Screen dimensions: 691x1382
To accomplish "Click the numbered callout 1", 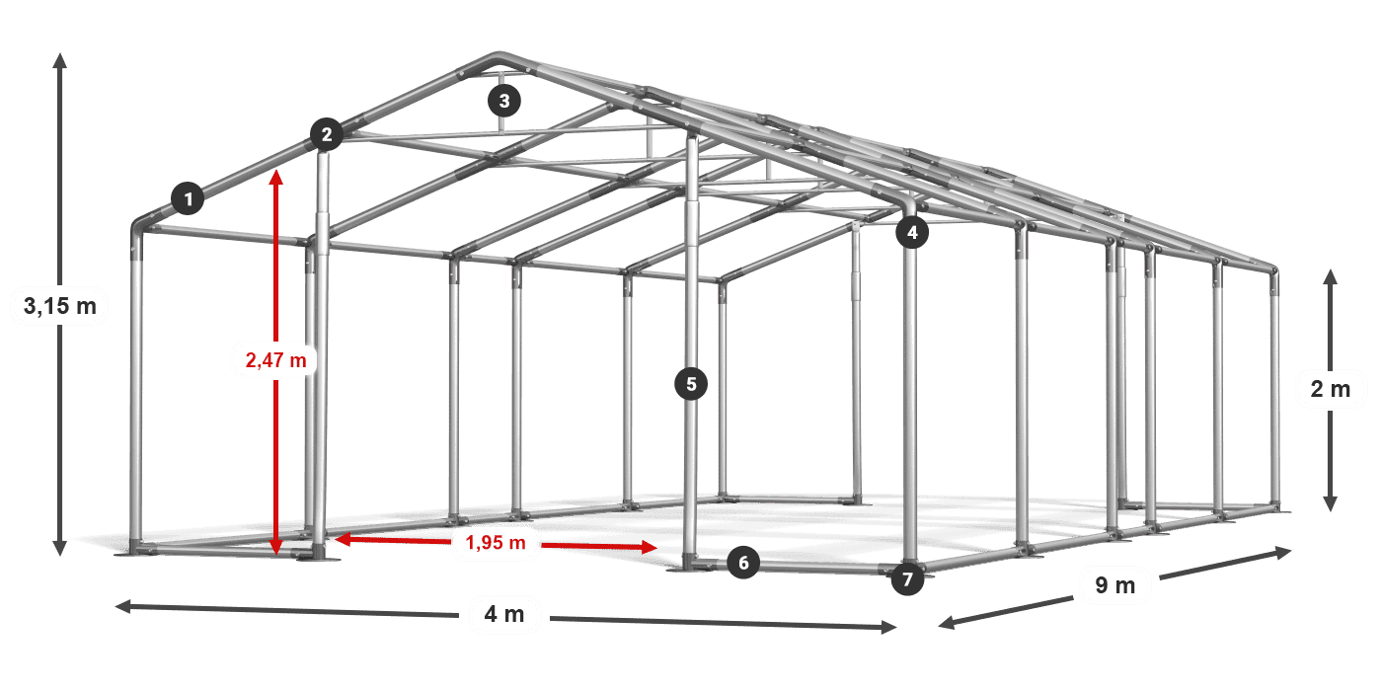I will [188, 199].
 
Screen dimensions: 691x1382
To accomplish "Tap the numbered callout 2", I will [326, 134].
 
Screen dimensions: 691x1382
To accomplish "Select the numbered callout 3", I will [503, 100].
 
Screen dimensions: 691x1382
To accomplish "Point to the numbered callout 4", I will [912, 233].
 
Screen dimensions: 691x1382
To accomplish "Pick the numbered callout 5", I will [691, 384].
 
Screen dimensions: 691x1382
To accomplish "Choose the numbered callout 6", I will [743, 563].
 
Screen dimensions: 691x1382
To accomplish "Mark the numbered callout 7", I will [907, 578].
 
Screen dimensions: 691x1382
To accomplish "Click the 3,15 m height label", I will [59, 307].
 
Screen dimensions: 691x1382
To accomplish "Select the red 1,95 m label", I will [496, 542].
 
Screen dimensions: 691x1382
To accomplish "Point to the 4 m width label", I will [503, 614].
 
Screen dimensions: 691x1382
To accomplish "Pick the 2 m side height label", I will [1330, 389].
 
